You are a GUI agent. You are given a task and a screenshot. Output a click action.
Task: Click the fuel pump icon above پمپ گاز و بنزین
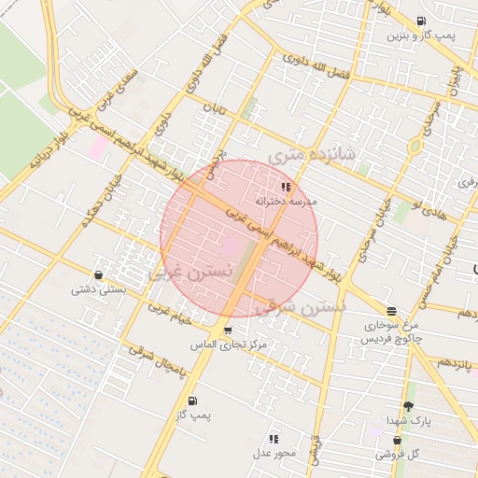[422, 21]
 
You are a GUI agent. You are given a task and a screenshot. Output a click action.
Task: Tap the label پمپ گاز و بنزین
[422, 35]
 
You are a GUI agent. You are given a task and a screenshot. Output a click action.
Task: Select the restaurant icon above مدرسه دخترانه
[286, 188]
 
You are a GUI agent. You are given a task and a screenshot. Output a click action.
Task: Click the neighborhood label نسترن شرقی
[314, 306]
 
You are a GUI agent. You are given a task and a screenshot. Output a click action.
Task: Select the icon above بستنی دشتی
[99, 274]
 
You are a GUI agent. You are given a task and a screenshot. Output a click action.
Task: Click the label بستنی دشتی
[98, 289]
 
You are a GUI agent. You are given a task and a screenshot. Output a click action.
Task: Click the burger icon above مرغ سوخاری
[391, 311]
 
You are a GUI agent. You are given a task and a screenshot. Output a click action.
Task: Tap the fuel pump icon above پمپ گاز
[192, 401]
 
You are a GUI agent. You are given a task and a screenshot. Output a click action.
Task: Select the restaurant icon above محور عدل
[274, 438]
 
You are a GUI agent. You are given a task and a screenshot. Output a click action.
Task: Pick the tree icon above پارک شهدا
[408, 406]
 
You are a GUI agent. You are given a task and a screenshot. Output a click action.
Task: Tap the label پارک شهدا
[407, 421]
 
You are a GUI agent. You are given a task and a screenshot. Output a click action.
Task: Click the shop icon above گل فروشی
[398, 440]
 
